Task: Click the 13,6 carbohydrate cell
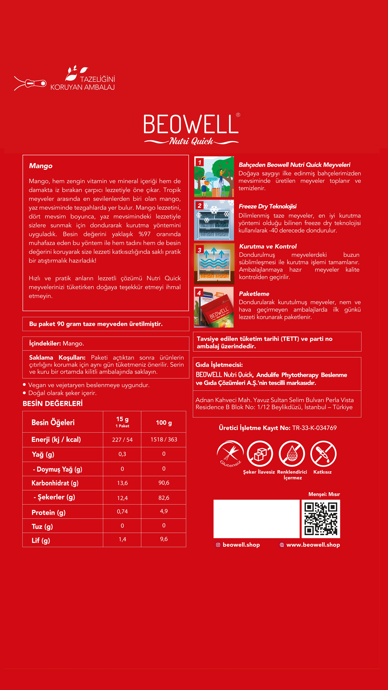[122, 483]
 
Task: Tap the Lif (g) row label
[41, 540]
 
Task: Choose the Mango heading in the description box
[41, 166]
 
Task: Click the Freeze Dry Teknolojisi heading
[268, 206]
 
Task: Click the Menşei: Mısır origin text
[324, 494]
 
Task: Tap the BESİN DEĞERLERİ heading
[53, 404]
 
